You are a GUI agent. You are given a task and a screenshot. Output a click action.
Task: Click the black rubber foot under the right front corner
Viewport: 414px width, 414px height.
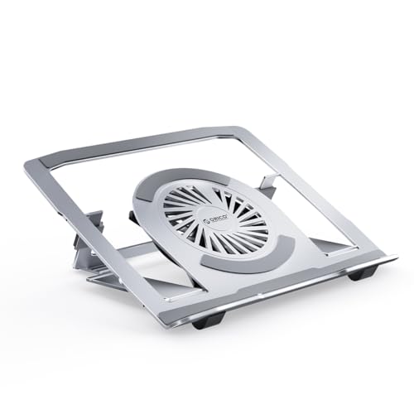(x=362, y=272)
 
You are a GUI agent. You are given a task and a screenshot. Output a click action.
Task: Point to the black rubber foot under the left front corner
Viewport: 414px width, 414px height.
(x=207, y=319)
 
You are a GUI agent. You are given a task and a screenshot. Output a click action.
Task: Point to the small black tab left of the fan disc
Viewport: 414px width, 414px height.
(x=135, y=218)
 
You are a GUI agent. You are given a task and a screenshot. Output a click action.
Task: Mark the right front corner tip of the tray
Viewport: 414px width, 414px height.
(x=392, y=258)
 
